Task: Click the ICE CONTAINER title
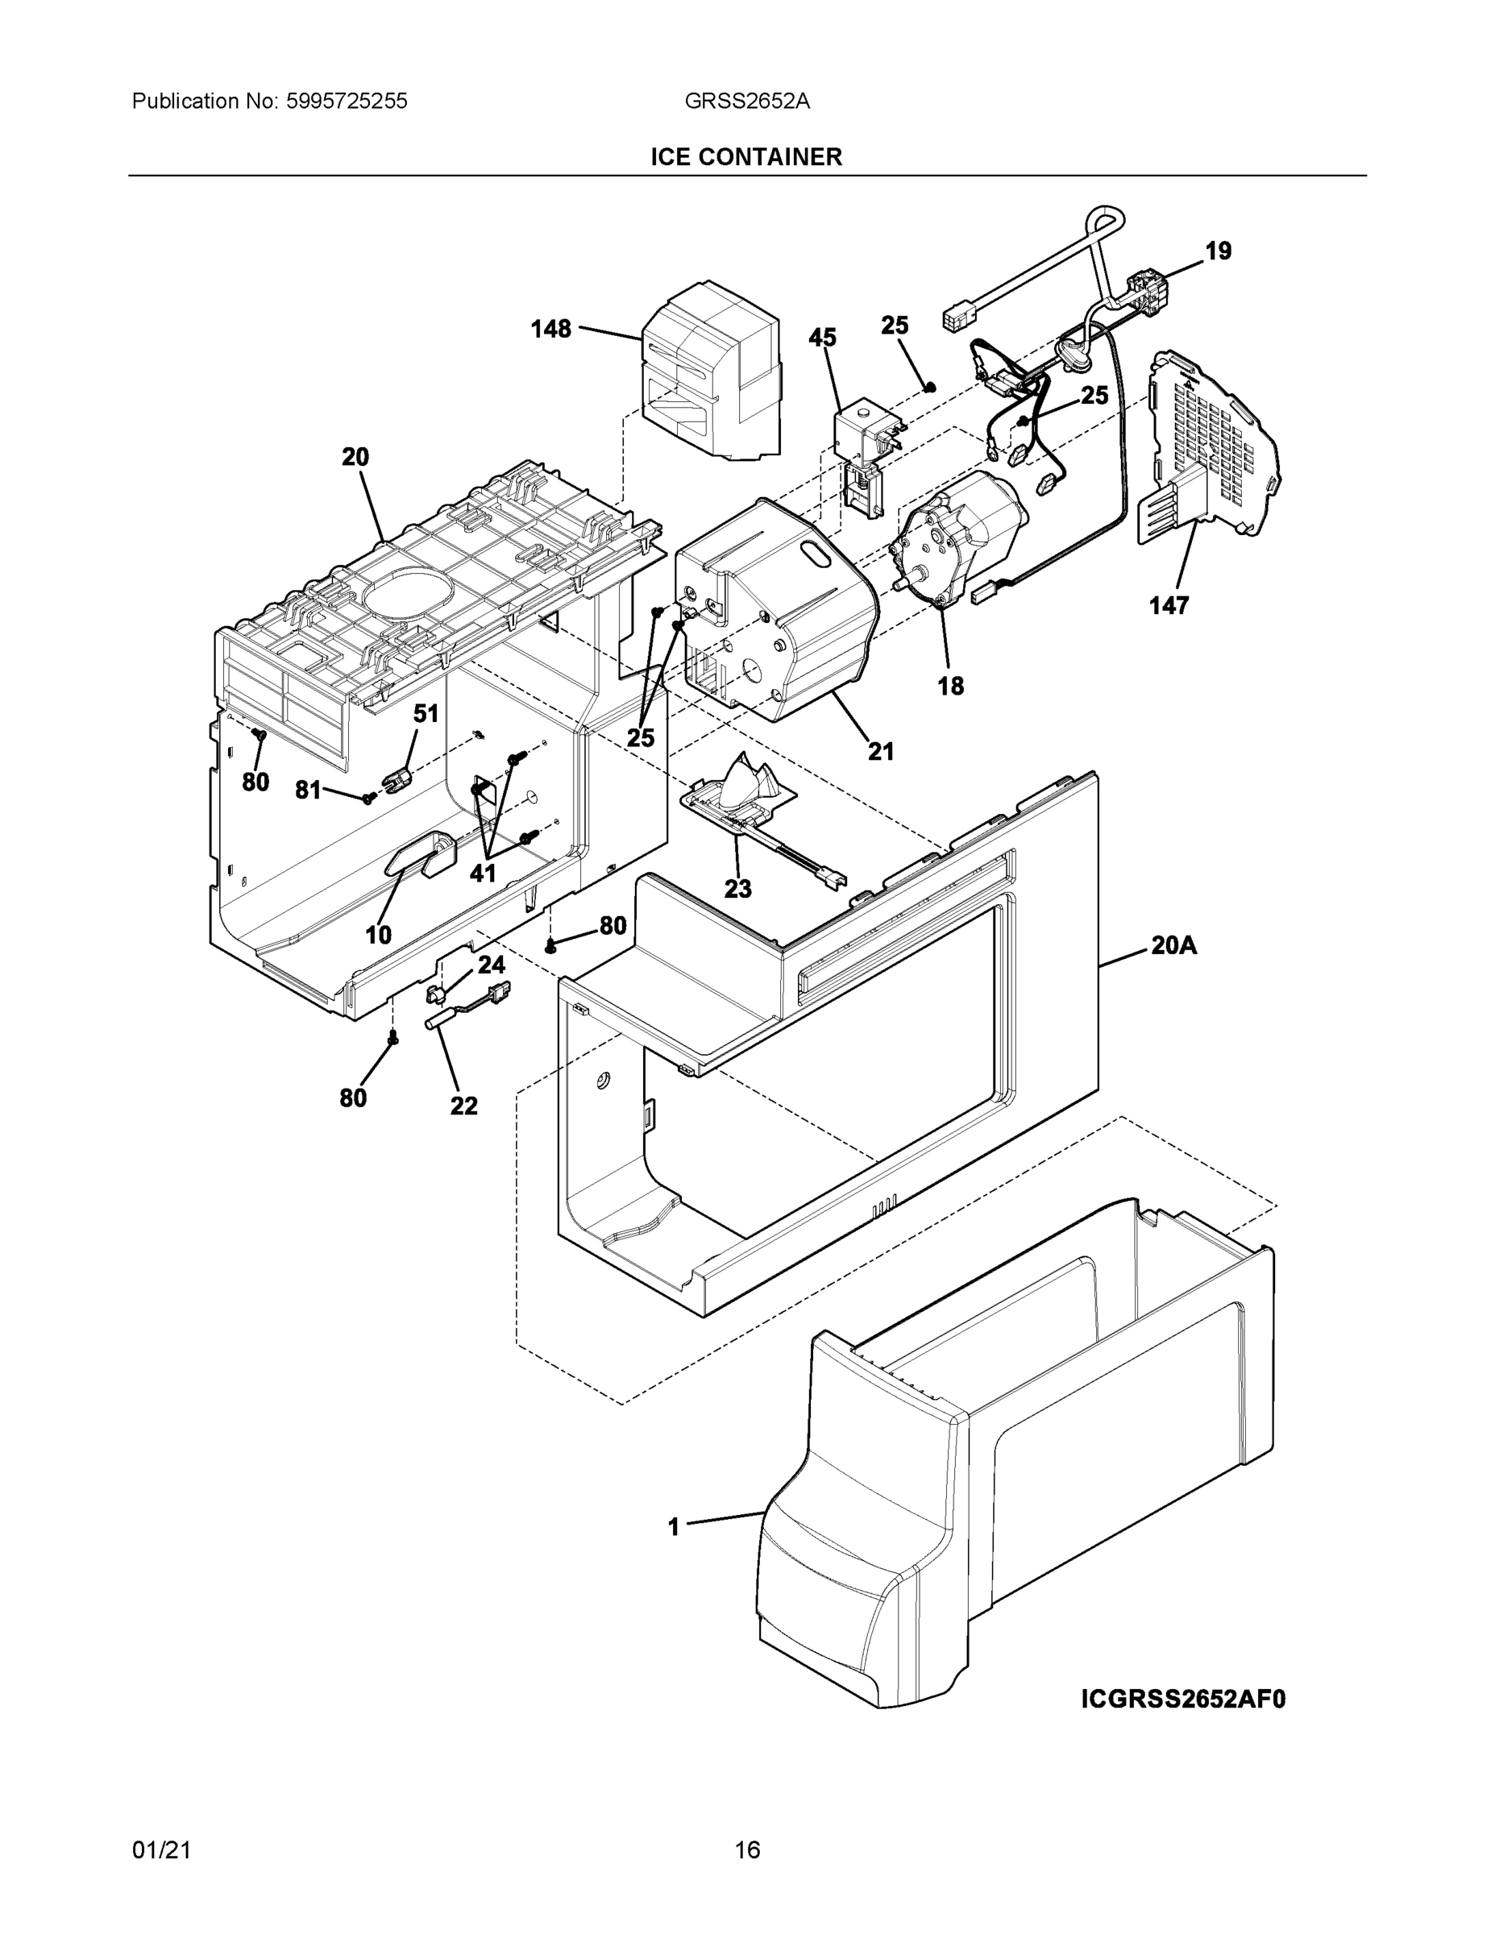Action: [x=745, y=157]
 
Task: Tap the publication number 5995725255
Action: [x=347, y=101]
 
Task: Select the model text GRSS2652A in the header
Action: [x=745, y=101]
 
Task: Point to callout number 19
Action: [x=1218, y=251]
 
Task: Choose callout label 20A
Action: [x=1173, y=946]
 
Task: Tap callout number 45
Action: [x=822, y=338]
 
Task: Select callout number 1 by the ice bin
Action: [x=673, y=1527]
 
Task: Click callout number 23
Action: [x=737, y=888]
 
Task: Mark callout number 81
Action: [x=307, y=790]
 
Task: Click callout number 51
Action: [x=426, y=714]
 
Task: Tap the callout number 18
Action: [x=949, y=686]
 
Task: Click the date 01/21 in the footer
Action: [x=161, y=1849]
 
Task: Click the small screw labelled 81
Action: [x=368, y=799]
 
